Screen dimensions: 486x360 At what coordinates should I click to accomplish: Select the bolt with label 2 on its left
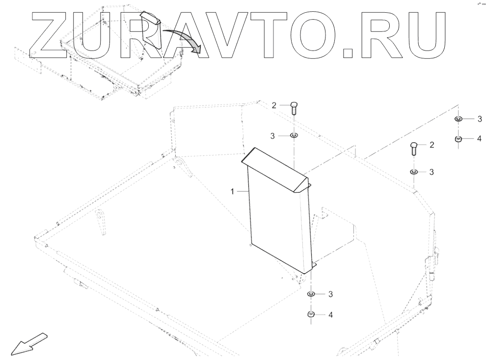tap(293, 107)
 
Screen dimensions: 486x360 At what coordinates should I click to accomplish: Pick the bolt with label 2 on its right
tap(414, 147)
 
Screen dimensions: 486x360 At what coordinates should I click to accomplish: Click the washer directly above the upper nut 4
tap(458, 119)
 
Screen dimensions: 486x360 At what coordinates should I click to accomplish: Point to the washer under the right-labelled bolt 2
tap(414, 172)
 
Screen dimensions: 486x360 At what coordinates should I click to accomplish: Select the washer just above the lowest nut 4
tap(311, 294)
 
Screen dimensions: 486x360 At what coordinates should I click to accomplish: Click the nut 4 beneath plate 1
tap(311, 314)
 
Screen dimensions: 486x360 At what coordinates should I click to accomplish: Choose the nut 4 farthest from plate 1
tap(458, 139)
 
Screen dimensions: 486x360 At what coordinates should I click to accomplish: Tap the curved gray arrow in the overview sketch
tap(182, 39)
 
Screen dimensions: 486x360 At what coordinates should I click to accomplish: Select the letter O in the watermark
tap(317, 33)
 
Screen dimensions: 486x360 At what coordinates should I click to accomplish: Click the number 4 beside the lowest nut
tap(330, 314)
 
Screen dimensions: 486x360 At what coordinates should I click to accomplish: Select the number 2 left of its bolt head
tap(274, 105)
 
